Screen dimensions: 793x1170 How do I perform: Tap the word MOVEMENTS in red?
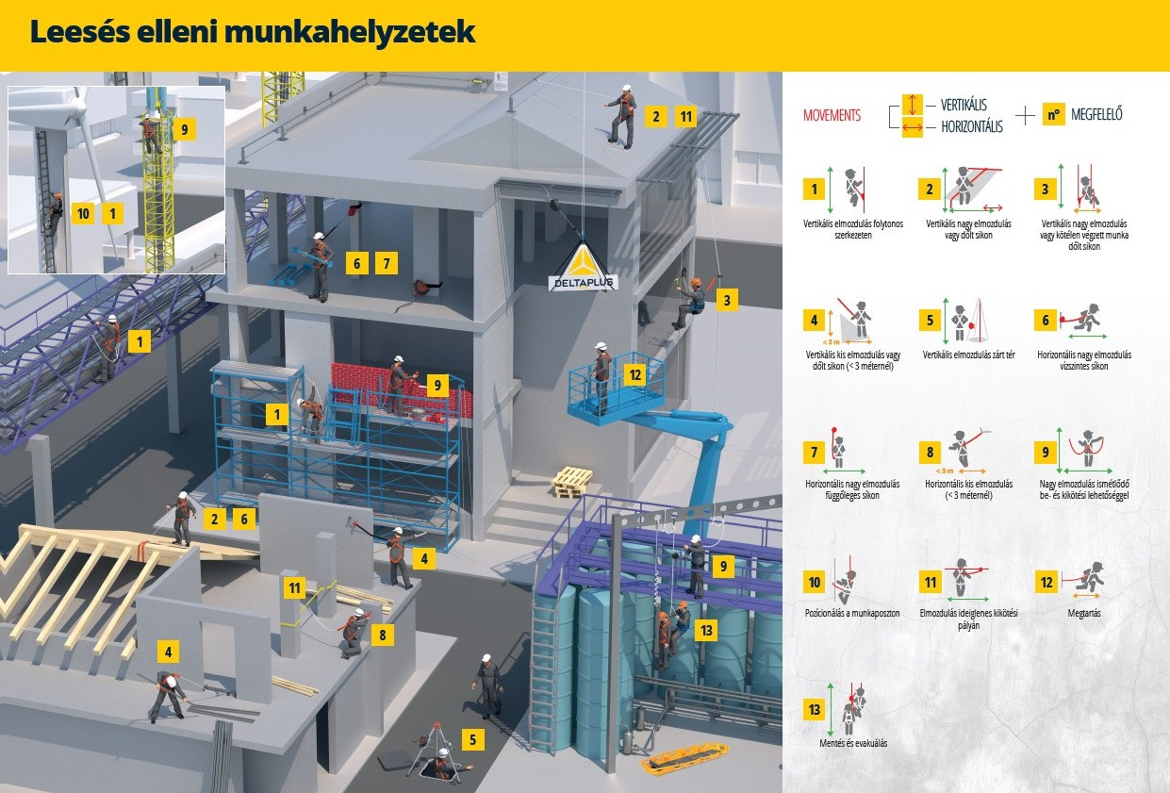832,115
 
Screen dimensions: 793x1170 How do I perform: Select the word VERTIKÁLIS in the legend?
964,105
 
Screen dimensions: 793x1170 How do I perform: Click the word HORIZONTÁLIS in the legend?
971,127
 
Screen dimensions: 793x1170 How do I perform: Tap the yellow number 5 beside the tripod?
472,739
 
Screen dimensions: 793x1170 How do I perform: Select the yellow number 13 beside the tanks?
706,629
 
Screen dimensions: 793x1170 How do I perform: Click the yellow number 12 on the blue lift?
635,374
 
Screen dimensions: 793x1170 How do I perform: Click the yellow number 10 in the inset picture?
83,214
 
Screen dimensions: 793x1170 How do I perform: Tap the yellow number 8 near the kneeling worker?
382,635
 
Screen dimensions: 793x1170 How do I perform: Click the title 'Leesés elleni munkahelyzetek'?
253,32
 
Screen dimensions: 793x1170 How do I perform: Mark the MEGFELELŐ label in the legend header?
1096,115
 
